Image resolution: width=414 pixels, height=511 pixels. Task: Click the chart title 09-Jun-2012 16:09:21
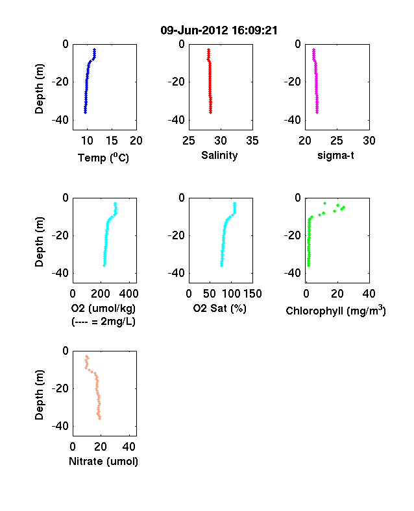click(219, 30)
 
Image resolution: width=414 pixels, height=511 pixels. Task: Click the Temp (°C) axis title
click(103, 158)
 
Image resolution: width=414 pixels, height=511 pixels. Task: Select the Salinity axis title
click(219, 156)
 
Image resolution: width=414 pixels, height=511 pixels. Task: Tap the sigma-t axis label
click(335, 156)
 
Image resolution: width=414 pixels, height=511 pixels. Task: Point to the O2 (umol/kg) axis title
click(103, 308)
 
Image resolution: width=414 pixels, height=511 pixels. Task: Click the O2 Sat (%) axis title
click(220, 308)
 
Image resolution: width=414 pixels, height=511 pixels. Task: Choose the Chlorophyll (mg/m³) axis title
click(335, 311)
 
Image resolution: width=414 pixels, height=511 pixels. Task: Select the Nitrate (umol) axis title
click(103, 462)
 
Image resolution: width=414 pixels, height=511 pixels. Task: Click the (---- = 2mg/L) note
click(103, 322)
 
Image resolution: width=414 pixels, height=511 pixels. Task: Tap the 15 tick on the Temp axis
click(112, 141)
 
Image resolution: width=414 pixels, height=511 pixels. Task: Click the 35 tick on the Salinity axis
click(252, 141)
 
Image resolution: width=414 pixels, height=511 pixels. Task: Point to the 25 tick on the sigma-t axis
click(337, 141)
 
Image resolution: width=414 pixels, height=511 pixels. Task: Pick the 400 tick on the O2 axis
click(128, 294)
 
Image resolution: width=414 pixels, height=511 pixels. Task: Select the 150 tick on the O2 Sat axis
click(252, 294)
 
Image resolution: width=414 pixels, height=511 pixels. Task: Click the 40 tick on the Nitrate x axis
click(129, 447)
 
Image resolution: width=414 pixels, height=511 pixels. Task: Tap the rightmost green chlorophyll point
click(343, 208)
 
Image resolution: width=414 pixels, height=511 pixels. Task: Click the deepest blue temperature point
click(85, 112)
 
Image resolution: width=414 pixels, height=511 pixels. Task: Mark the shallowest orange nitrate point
click(87, 357)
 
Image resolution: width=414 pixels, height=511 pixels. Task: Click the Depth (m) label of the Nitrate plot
click(39, 395)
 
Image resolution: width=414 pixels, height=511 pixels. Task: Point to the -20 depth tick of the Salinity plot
click(176, 82)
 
